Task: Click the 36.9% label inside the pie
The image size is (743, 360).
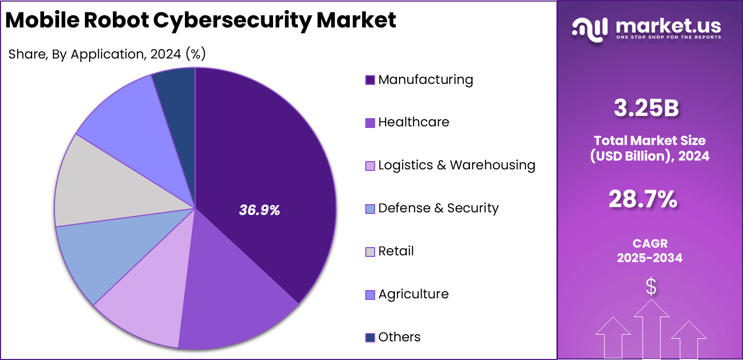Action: [259, 210]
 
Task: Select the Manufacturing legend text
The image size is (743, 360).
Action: [425, 80]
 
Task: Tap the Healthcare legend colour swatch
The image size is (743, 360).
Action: [370, 123]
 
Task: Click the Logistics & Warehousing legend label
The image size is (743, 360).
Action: [456, 165]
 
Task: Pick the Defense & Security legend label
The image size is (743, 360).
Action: [438, 208]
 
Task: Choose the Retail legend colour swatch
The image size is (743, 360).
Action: [370, 252]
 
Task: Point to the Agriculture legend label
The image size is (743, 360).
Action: [413, 294]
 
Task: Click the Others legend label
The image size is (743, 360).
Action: [399, 337]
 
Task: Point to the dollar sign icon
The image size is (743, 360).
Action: [651, 286]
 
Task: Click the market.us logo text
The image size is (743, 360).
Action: [668, 25]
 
